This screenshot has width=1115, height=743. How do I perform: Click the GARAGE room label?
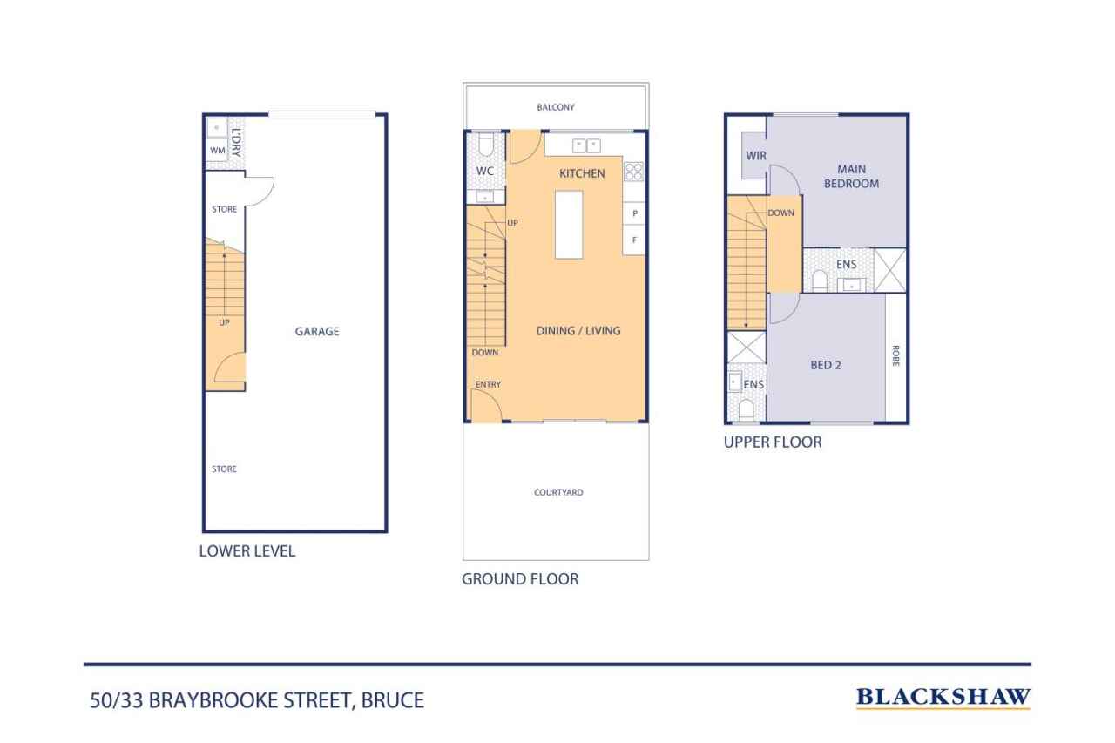pos(316,331)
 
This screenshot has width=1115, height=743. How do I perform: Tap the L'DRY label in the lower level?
pos(236,143)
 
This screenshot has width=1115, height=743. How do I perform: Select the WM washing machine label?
pos(218,151)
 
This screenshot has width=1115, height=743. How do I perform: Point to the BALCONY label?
pos(556,107)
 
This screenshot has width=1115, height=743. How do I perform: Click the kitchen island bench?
pos(569,225)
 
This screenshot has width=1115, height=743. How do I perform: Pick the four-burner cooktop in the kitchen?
pos(633,172)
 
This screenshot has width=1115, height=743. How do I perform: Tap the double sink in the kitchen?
pos(586,145)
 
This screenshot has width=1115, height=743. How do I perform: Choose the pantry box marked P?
pos(634,213)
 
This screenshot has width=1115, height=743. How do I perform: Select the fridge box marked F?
pos(634,240)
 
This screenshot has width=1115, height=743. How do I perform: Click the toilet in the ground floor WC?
pos(486,144)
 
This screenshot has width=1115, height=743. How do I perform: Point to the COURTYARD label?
pos(558,492)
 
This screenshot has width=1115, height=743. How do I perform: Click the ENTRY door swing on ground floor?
pos(487,406)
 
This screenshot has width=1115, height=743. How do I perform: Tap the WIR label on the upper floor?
pos(755,156)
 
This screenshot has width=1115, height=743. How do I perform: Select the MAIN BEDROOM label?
pos(851,176)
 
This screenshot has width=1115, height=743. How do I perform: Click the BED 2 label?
pos(825,365)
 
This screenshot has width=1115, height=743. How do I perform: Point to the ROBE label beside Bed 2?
pos(895,355)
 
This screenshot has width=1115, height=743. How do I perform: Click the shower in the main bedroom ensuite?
pos(890,270)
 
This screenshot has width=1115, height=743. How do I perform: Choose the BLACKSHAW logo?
pos(943,697)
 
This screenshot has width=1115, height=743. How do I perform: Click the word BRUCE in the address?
pos(393,700)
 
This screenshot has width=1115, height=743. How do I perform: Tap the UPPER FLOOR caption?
pos(773,442)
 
